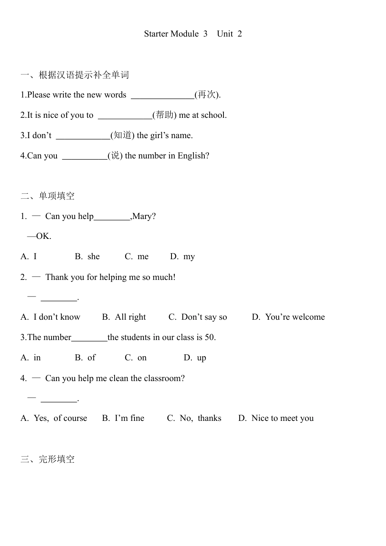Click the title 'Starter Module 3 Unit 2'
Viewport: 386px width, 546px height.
(x=193, y=34)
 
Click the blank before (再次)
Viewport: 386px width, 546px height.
(x=163, y=96)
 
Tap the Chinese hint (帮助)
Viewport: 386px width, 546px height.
(x=164, y=115)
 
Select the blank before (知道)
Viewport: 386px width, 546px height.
(x=83, y=136)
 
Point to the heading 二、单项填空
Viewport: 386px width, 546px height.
(x=48, y=196)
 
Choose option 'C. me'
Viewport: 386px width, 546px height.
(x=137, y=257)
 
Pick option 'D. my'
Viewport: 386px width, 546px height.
(x=182, y=257)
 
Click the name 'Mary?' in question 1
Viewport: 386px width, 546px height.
(x=144, y=217)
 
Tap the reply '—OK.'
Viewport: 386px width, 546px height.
(x=39, y=236)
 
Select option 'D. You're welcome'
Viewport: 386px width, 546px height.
(x=288, y=317)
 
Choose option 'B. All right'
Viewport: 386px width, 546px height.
(x=124, y=317)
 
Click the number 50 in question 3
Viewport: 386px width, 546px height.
(x=210, y=338)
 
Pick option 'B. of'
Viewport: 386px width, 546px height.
(x=85, y=358)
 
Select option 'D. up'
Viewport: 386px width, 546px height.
(x=195, y=358)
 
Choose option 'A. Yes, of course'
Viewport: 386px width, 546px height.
(x=54, y=418)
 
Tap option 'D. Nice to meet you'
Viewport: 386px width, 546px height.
(x=276, y=418)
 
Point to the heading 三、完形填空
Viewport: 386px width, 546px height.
(x=48, y=459)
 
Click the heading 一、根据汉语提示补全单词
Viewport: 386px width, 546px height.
(x=75, y=75)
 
